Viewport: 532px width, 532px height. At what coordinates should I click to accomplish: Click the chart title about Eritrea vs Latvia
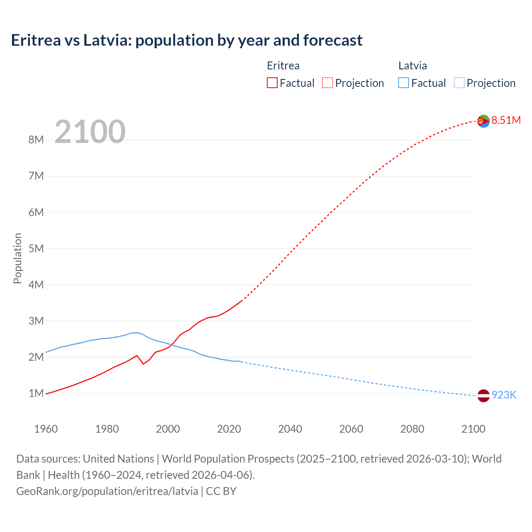(x=187, y=40)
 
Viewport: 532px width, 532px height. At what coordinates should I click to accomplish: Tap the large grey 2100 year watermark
(x=90, y=132)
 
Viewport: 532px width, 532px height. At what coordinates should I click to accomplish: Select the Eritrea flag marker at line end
(x=483, y=121)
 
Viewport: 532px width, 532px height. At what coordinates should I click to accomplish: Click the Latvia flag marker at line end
(x=483, y=396)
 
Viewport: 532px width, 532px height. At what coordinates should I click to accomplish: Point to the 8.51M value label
(x=506, y=121)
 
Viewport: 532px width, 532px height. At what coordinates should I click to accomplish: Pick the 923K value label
(x=504, y=395)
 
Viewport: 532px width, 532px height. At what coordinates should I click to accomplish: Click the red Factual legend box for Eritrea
(x=272, y=83)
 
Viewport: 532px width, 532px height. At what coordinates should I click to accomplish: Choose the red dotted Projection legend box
(x=328, y=83)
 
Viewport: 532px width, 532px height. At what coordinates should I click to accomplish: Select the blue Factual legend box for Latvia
(x=404, y=83)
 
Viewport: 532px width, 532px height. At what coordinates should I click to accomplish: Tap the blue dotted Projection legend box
(x=459, y=83)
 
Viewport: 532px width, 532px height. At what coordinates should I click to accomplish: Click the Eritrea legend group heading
(x=283, y=66)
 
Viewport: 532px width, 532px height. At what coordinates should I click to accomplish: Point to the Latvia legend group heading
(x=412, y=66)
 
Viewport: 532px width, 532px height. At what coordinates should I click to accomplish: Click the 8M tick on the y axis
(x=36, y=140)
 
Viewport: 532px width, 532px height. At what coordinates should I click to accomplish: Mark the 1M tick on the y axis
(x=36, y=393)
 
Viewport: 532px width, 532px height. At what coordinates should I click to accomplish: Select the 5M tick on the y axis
(x=36, y=249)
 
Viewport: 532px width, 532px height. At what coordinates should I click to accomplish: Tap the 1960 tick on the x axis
(x=46, y=429)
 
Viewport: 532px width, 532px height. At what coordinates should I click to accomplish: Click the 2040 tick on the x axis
(x=290, y=429)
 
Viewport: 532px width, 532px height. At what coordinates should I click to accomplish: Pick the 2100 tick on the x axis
(x=473, y=429)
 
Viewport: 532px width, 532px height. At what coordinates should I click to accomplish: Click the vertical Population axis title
(x=17, y=258)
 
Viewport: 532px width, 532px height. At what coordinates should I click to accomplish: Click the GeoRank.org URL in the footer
(x=107, y=491)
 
